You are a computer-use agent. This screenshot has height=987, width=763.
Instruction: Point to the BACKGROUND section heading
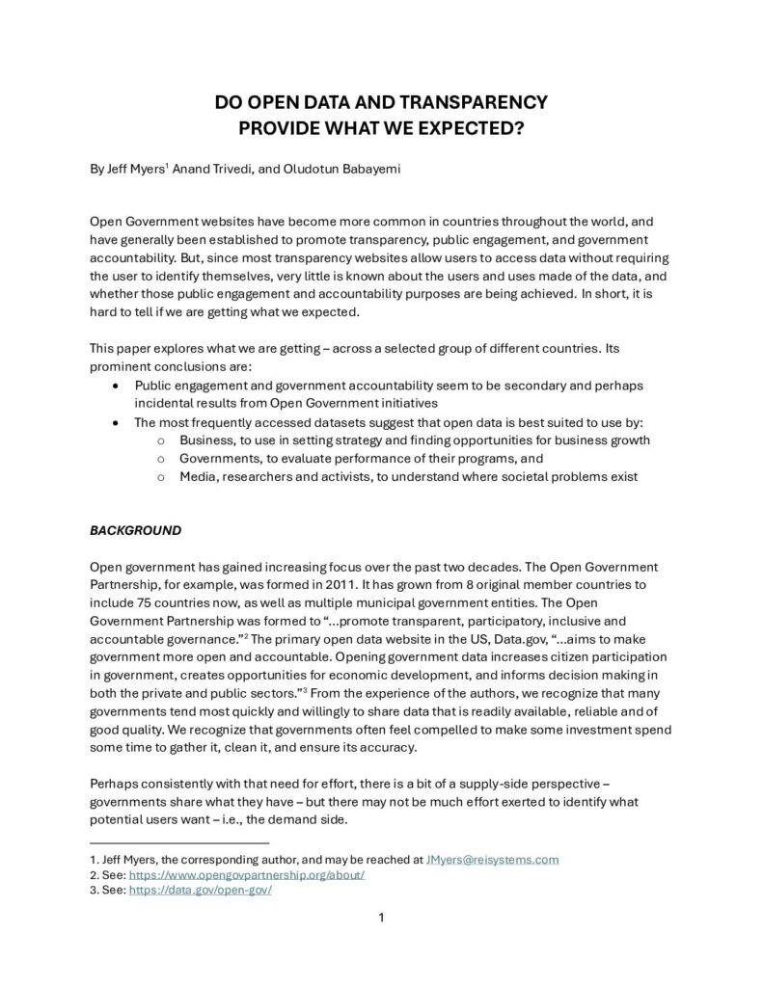point(135,530)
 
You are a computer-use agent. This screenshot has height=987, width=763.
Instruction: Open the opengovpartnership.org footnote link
point(246,874)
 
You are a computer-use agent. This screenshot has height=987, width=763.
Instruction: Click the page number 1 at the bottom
point(381,918)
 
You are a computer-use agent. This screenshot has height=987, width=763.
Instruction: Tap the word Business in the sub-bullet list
point(205,440)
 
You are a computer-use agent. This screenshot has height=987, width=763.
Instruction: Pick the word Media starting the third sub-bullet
point(197,477)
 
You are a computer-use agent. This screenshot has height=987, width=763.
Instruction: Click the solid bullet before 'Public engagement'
point(116,386)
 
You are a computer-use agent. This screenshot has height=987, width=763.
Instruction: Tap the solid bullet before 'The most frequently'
point(116,422)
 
